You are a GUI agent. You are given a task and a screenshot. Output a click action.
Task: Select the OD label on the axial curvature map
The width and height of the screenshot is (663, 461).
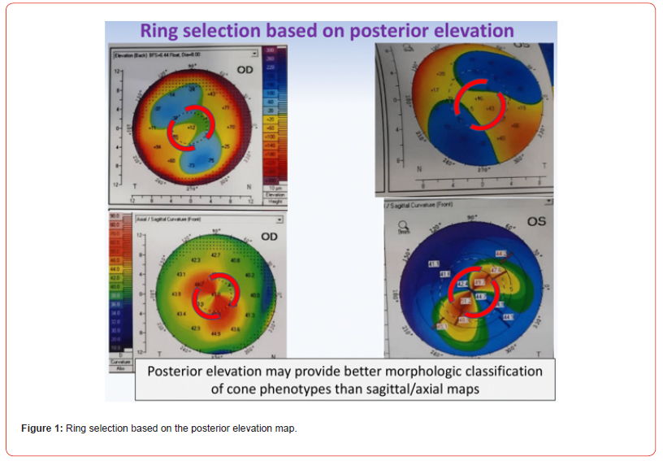(268, 237)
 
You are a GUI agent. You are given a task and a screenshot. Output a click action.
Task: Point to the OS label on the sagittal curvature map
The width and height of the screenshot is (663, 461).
(535, 220)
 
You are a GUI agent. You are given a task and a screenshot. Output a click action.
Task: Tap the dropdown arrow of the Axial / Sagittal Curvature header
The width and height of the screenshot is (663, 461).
(279, 219)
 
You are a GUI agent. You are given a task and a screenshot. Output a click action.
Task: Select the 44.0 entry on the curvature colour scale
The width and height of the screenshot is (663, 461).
(114, 268)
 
